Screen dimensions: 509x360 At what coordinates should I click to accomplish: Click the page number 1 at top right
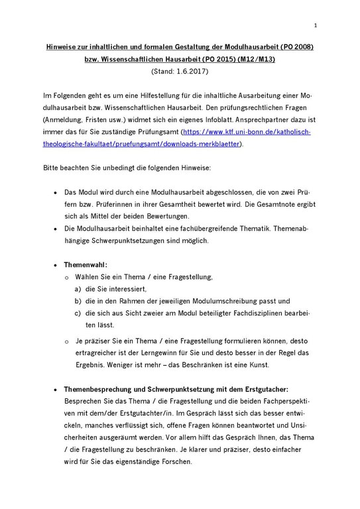click(x=316, y=26)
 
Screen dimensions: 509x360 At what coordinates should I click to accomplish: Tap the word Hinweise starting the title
click(x=62, y=48)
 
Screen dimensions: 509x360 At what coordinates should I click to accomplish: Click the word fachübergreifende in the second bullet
click(x=193, y=228)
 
